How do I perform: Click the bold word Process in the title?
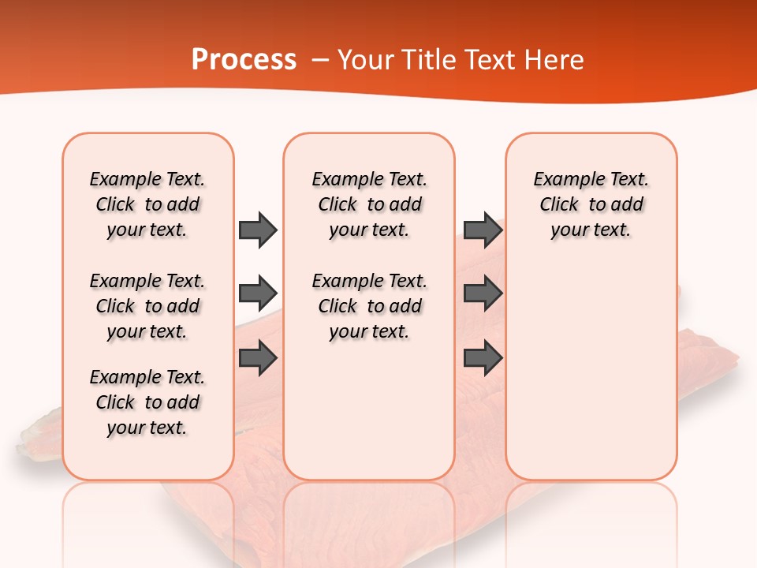tap(244, 60)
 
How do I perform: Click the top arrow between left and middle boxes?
tap(258, 230)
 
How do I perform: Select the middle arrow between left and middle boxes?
tap(258, 293)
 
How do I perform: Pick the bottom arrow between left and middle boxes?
tap(258, 358)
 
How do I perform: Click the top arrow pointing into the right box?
tap(483, 230)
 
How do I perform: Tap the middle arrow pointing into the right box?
tap(483, 293)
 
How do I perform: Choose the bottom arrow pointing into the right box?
tap(483, 358)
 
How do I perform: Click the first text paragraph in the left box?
tap(147, 204)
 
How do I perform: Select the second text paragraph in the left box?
tap(147, 306)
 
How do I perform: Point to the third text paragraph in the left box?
tap(147, 402)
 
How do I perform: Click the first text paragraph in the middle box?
tap(369, 204)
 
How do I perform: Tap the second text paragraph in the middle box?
tap(369, 306)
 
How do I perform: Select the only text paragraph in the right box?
tap(591, 204)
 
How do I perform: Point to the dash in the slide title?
tap(320, 60)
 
